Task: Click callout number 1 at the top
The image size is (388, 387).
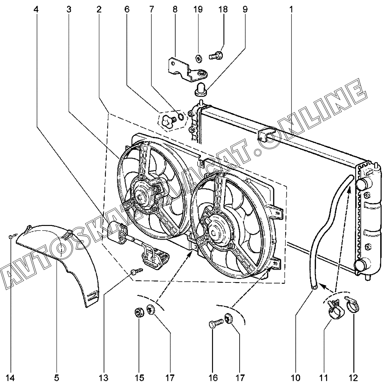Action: tap(291, 10)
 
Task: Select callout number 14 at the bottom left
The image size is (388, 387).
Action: tap(10, 378)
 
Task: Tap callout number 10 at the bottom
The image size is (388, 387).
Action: tap(295, 378)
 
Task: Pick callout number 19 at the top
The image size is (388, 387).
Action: tap(198, 10)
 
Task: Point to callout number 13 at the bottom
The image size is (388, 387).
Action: tap(104, 378)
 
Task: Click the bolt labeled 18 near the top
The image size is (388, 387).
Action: tap(216, 55)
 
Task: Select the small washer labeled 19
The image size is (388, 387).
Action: tap(198, 59)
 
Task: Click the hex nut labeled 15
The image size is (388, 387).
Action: tap(138, 313)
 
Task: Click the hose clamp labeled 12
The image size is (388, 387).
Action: tap(352, 304)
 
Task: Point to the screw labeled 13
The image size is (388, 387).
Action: tap(137, 272)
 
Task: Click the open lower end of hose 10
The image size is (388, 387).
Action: tap(315, 287)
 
